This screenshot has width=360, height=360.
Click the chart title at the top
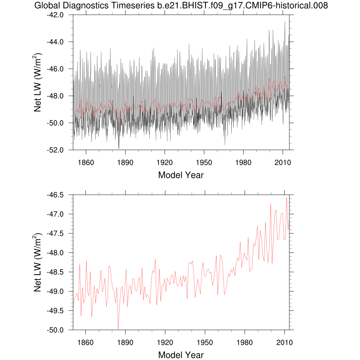tap(181, 5)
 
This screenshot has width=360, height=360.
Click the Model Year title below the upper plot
tap(181, 175)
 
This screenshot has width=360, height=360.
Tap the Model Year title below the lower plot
tap(181, 355)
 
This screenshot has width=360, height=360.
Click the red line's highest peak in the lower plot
tap(287, 197)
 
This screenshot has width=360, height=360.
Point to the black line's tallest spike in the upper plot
tap(285, 21)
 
